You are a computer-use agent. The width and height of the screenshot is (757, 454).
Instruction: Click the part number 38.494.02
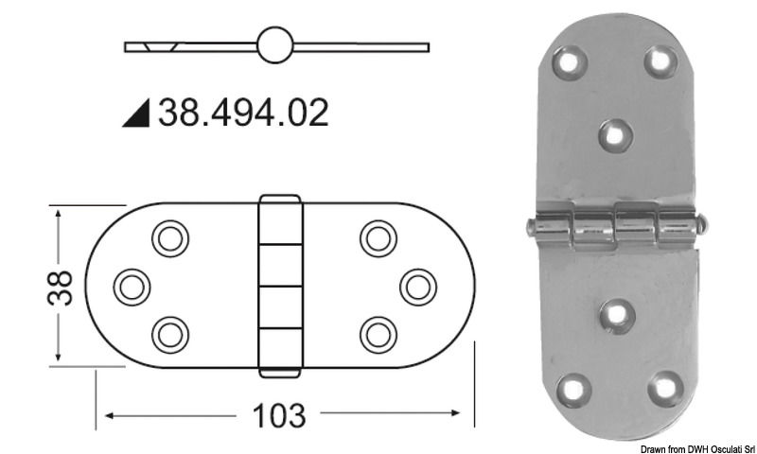(x=243, y=113)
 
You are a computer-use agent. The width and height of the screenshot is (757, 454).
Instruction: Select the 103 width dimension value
(x=280, y=415)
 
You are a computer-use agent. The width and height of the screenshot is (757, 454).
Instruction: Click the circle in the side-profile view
(x=276, y=45)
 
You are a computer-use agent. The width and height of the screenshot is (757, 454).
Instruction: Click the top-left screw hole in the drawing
(x=170, y=238)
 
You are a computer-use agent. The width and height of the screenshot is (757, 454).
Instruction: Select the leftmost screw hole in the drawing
(x=132, y=286)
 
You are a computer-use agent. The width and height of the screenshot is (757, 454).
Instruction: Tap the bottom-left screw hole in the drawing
(x=170, y=333)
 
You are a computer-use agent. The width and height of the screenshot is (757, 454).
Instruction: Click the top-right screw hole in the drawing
(x=378, y=238)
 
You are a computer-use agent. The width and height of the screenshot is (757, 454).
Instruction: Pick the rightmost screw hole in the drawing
(x=417, y=286)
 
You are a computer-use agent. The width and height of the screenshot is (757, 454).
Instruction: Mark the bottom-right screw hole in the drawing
(x=378, y=333)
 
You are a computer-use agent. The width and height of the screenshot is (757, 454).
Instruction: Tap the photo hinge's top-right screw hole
(x=660, y=61)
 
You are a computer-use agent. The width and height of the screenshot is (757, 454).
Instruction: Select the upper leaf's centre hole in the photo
(x=616, y=135)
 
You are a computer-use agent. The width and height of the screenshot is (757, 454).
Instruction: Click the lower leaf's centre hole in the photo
(x=617, y=315)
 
